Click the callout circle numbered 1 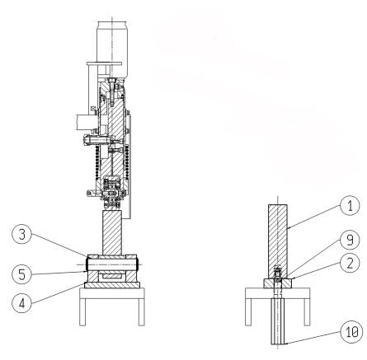point(350,205)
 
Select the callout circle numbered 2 point(350,263)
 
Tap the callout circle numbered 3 point(22,234)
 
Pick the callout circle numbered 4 point(22,303)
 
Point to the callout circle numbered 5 point(22,274)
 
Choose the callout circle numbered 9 point(350,240)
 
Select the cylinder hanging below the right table point(278,321)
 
